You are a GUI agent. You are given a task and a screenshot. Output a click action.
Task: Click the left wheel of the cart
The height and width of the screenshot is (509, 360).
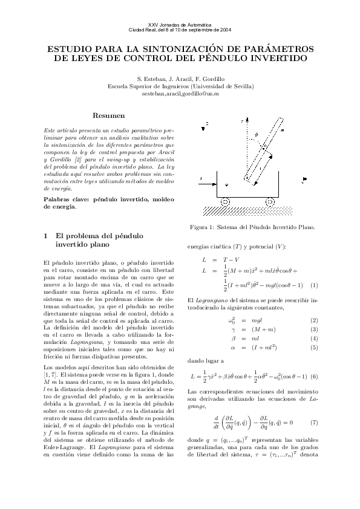tap(224, 201)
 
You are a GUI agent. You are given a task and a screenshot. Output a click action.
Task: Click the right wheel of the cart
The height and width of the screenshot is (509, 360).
tap(268, 201)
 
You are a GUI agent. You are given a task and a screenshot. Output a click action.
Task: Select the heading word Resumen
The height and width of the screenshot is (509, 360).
tap(109, 115)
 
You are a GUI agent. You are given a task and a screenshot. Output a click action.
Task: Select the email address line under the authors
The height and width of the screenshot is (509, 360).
tap(180, 94)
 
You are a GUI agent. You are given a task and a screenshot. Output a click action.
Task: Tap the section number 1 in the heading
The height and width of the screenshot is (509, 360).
tap(47, 236)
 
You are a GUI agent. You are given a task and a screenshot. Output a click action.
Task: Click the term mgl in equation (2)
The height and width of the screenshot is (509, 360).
tap(257, 320)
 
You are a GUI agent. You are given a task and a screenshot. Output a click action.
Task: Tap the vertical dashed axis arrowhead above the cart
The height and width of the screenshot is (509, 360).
tap(243, 121)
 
